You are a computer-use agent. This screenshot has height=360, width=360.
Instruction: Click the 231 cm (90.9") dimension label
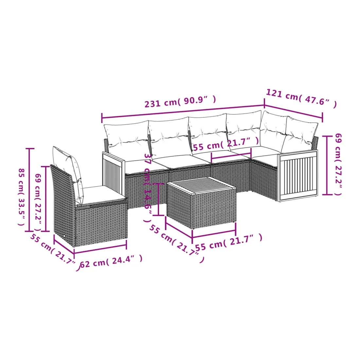[180, 102]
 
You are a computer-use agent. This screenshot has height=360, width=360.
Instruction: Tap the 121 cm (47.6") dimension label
[301, 98]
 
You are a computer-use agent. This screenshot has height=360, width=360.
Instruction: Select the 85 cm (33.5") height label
[21, 197]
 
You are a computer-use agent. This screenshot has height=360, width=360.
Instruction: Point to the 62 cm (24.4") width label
[111, 262]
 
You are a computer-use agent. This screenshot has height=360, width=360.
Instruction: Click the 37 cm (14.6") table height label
[148, 188]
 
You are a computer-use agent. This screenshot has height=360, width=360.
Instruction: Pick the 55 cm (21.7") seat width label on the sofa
[226, 144]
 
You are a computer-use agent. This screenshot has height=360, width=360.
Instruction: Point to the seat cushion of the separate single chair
[103, 195]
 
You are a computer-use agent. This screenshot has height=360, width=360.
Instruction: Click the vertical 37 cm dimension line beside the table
[158, 199]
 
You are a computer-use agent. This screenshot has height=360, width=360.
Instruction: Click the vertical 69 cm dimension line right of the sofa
[327, 165]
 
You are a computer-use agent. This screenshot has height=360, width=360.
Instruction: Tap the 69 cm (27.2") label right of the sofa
[338, 164]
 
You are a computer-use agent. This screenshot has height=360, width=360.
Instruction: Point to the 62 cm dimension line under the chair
[100, 249]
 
